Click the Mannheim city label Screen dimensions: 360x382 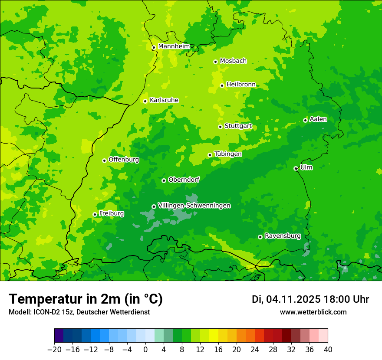tap(174, 46)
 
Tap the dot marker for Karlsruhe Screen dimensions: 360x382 tap(145, 101)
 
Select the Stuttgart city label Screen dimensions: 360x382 tap(238, 126)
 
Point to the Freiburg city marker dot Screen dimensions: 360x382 tap(95, 214)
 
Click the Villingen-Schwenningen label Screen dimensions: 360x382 tap(194, 206)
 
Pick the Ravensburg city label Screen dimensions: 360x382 tap(282, 236)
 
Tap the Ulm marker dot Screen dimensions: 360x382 tap(296, 168)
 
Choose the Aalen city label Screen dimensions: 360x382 tap(318, 119)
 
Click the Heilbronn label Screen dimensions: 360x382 tap(241, 85)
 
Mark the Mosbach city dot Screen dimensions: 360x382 tap(215, 62)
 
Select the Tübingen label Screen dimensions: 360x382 tap(228, 154)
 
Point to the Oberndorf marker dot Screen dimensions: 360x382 tap(164, 180)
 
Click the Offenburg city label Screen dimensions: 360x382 tap(124, 160)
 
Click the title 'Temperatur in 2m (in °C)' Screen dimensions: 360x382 tap(86, 299)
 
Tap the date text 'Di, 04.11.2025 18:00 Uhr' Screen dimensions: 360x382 tap(310, 299)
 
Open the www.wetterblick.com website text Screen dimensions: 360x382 tap(313, 312)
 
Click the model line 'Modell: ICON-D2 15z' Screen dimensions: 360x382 tap(79, 312)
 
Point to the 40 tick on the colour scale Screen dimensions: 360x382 tap(328, 349)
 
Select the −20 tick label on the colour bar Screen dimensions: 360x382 tap(54, 349)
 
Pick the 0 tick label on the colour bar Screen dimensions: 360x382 tap(145, 349)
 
